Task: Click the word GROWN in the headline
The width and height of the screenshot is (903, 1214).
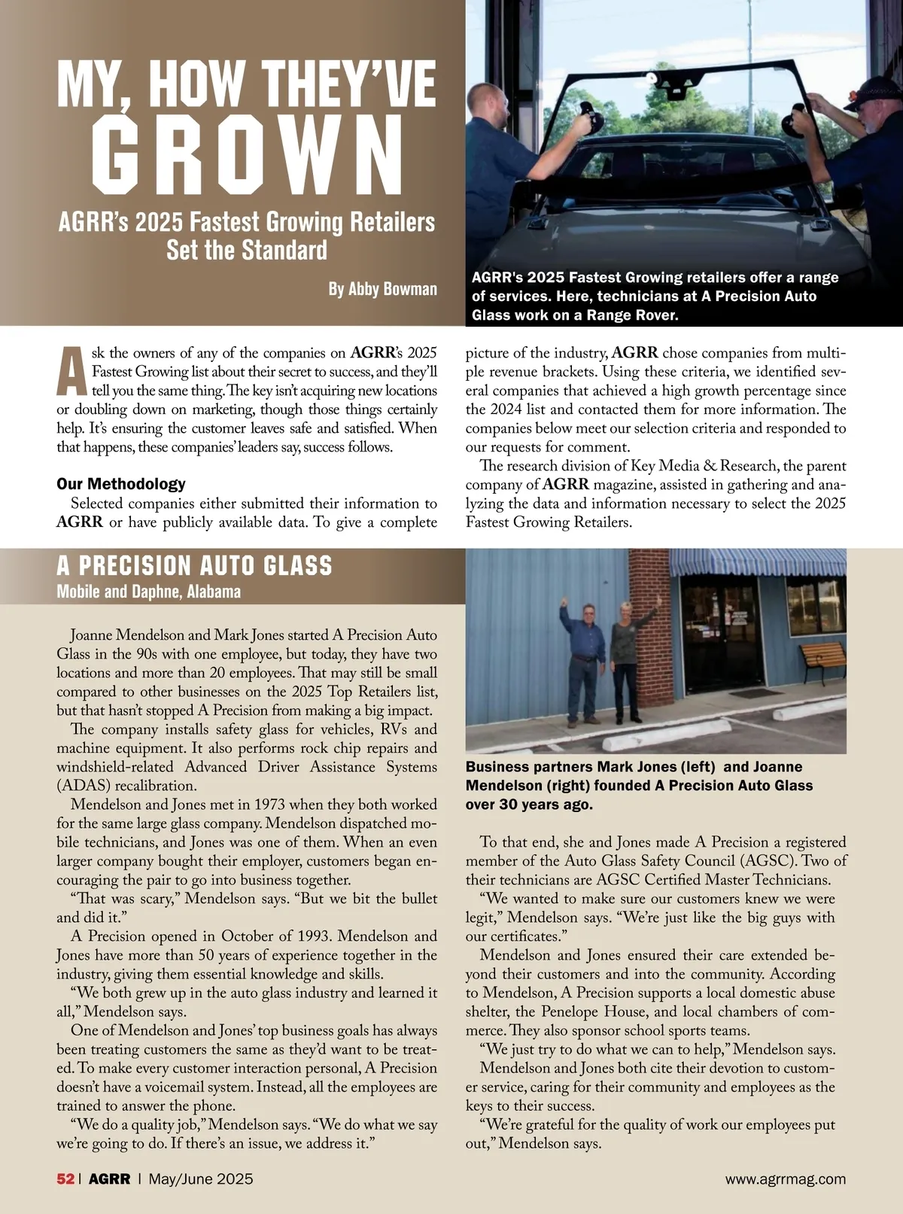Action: point(248,155)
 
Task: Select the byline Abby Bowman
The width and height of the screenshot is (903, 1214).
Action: point(382,289)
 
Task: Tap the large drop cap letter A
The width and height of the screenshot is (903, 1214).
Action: point(71,371)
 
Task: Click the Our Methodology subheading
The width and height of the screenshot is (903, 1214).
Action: point(121,484)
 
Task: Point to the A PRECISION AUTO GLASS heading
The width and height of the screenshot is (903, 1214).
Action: point(194,566)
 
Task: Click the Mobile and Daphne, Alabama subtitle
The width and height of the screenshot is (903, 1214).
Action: point(148,592)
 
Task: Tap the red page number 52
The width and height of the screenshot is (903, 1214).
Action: point(65,1179)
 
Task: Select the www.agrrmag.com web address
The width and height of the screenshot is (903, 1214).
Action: point(785,1179)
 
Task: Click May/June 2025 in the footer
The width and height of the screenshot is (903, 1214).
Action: point(201,1179)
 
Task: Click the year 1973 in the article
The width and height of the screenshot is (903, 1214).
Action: point(269,805)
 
